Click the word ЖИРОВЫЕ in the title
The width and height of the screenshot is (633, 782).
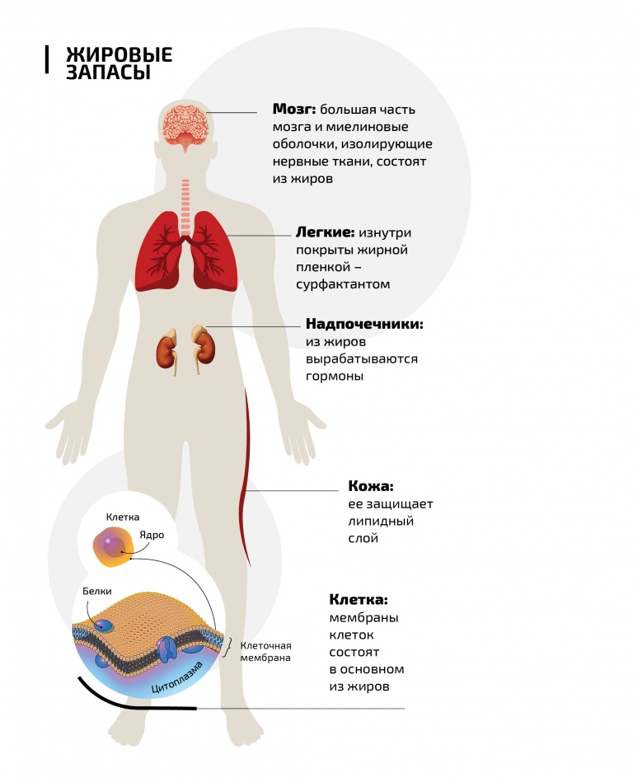pos(120,54)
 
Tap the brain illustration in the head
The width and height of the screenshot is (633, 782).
pos(185,127)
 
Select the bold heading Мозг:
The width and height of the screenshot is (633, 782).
pos(293,110)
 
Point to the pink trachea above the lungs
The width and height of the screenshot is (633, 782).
pos(185,206)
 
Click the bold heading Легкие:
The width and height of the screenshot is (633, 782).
pos(325,232)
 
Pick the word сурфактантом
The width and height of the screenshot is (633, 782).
pos(343,285)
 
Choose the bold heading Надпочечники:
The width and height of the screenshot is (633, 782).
pos(364,324)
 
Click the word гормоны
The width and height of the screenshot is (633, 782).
pos(334,377)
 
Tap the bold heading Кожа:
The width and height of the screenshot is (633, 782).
pos(371,486)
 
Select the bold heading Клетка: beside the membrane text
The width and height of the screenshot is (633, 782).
pos(359,599)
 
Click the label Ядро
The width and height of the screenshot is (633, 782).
pos(152,535)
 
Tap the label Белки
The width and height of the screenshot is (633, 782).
pos(96,592)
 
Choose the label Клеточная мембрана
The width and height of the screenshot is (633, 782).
pos(265,652)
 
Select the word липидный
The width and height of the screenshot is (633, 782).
pos(381,522)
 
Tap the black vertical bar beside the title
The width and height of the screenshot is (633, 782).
pos(47,60)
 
